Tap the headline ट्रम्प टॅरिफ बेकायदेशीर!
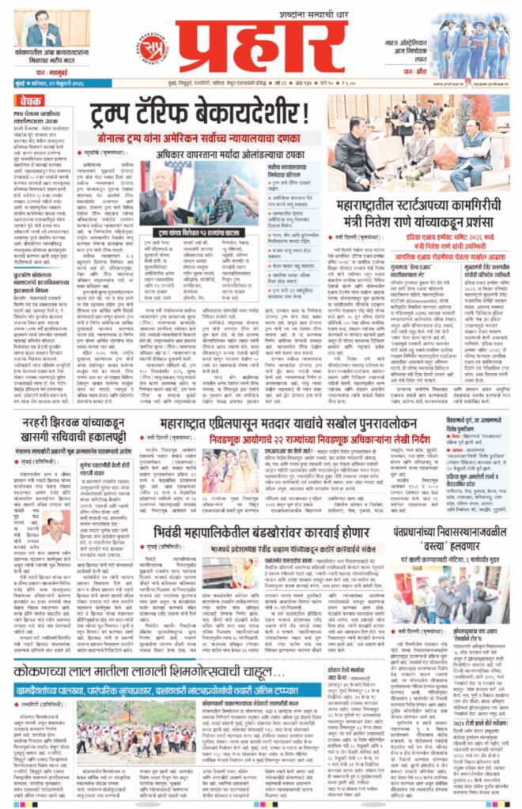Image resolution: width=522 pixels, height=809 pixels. point(204,110)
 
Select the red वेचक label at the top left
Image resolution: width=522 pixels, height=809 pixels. point(30,102)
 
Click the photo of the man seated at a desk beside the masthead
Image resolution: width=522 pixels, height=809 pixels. point(43,29)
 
